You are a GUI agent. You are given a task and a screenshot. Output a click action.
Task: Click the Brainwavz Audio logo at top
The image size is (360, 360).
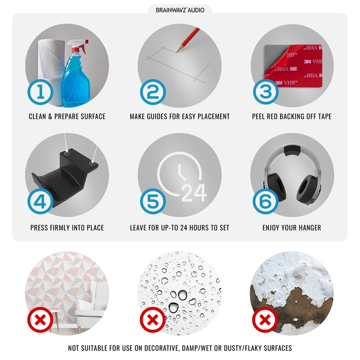point(180,10)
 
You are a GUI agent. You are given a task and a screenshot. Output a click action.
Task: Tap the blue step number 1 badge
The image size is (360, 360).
point(40,92)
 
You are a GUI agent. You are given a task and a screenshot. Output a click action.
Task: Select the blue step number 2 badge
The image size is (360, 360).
point(153,92)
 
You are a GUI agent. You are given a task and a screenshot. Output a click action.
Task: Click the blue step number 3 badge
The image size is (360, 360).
point(265,92)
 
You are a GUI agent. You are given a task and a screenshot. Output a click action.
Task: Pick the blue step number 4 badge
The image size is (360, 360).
point(40,201)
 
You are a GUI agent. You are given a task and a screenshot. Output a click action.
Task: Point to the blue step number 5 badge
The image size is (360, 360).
point(153,201)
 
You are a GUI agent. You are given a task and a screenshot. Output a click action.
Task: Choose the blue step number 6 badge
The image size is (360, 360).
point(265,201)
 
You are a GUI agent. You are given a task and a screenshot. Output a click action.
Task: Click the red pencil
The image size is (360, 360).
point(188,40)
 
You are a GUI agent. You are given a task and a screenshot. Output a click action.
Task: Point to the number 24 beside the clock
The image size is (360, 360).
point(194,193)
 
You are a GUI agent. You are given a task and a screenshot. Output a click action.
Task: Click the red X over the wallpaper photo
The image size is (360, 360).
point(40,320)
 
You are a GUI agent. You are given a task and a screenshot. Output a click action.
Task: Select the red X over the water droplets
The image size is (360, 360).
point(153,320)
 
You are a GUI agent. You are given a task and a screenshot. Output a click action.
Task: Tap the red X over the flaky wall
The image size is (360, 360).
point(265,320)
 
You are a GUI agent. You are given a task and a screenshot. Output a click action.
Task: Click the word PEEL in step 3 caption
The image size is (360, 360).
point(258,117)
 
